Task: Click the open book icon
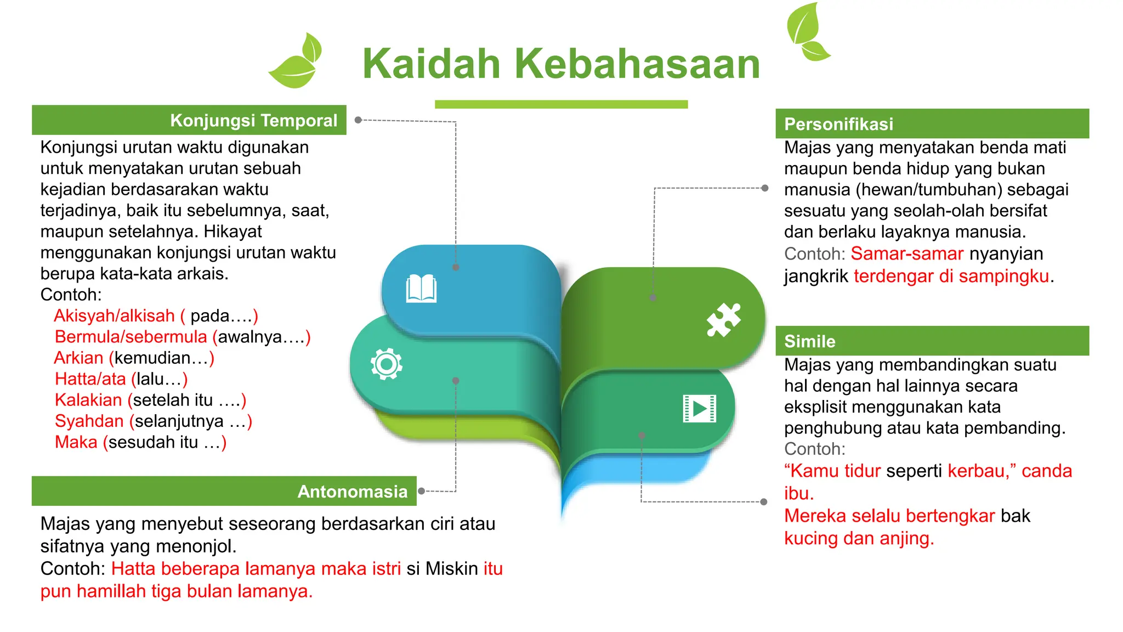point(421,289)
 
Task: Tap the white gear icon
point(387,364)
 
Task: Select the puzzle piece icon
point(723,319)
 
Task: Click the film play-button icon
point(699,409)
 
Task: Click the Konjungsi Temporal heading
point(253,121)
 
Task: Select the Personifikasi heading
point(838,124)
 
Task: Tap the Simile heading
point(809,341)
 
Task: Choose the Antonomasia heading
point(352,492)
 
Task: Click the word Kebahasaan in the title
point(637,64)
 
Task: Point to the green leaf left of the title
point(296,63)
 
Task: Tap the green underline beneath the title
point(561,104)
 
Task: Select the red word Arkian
point(78,358)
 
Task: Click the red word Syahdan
point(89,421)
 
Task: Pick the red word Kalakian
point(88,400)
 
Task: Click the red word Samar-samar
point(906,253)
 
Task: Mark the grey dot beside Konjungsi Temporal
point(358,120)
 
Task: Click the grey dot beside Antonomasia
point(421,491)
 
